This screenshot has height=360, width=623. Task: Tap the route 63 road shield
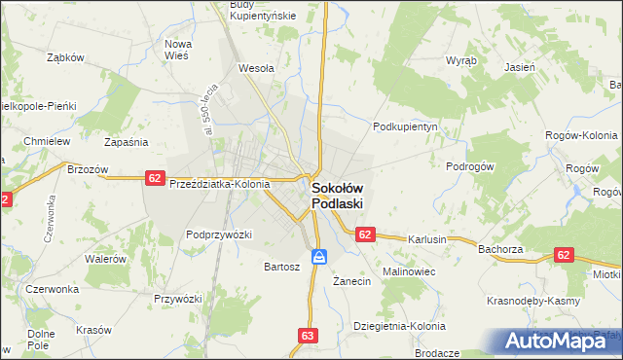308,336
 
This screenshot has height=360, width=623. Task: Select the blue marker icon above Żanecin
319,257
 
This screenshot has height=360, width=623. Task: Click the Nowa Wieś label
177,50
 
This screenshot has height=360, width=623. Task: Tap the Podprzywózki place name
219,234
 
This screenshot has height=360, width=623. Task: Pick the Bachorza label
502,249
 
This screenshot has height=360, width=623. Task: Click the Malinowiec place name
408,270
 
